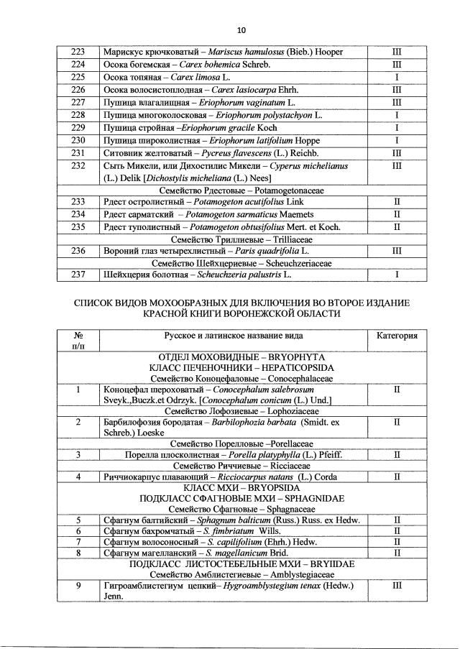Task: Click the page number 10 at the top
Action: point(241,29)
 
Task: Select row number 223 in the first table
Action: point(78,52)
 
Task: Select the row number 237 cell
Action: point(78,276)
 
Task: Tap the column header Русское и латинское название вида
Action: point(234,336)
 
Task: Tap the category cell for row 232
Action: point(396,165)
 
